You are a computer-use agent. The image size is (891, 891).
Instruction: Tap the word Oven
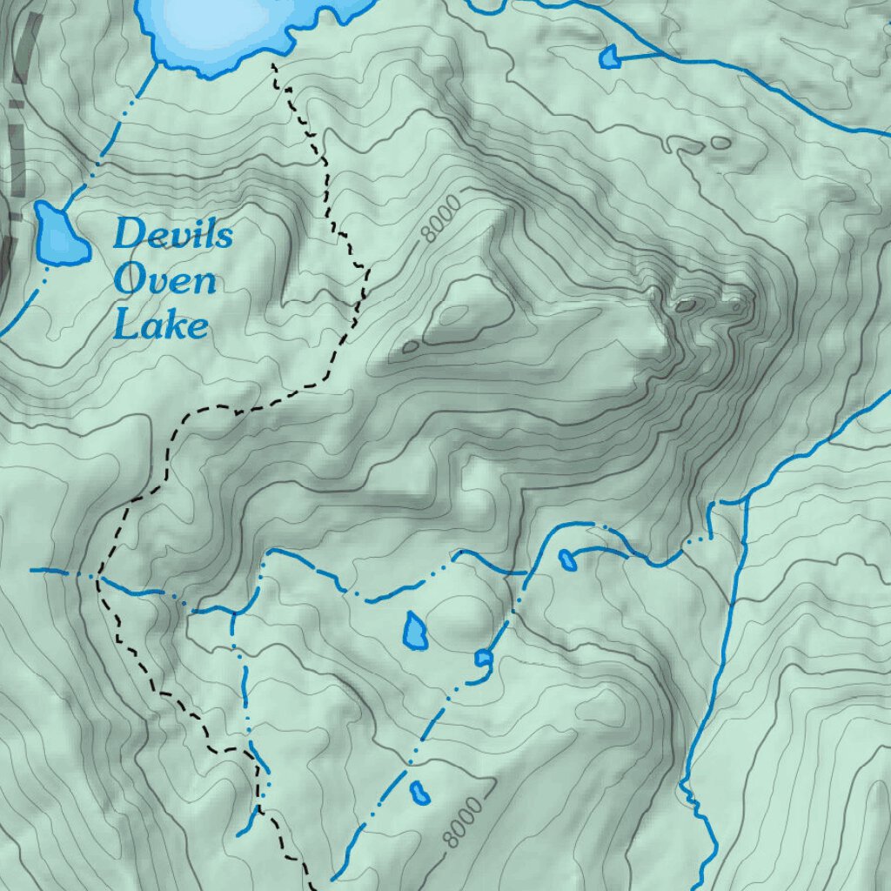click(x=164, y=280)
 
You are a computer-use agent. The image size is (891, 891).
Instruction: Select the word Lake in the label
click(x=162, y=325)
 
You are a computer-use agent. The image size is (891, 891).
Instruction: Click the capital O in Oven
click(x=129, y=280)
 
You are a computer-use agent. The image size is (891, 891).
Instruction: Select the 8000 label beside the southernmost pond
click(x=461, y=822)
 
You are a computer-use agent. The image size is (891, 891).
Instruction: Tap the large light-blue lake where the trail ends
click(x=218, y=26)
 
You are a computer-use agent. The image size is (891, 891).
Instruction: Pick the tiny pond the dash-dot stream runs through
click(x=483, y=658)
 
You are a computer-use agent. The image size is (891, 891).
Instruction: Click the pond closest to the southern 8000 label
click(x=419, y=793)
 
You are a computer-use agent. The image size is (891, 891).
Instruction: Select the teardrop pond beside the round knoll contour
click(x=415, y=630)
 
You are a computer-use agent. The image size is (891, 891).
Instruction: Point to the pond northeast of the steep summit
click(x=609, y=57)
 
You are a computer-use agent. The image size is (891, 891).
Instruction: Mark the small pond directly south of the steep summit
click(x=566, y=559)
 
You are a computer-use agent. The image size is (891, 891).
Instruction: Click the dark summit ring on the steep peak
click(x=686, y=305)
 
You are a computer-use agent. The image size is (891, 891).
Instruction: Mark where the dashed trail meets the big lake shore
click(x=274, y=63)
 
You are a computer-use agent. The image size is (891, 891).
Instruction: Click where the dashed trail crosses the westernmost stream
click(x=98, y=575)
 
